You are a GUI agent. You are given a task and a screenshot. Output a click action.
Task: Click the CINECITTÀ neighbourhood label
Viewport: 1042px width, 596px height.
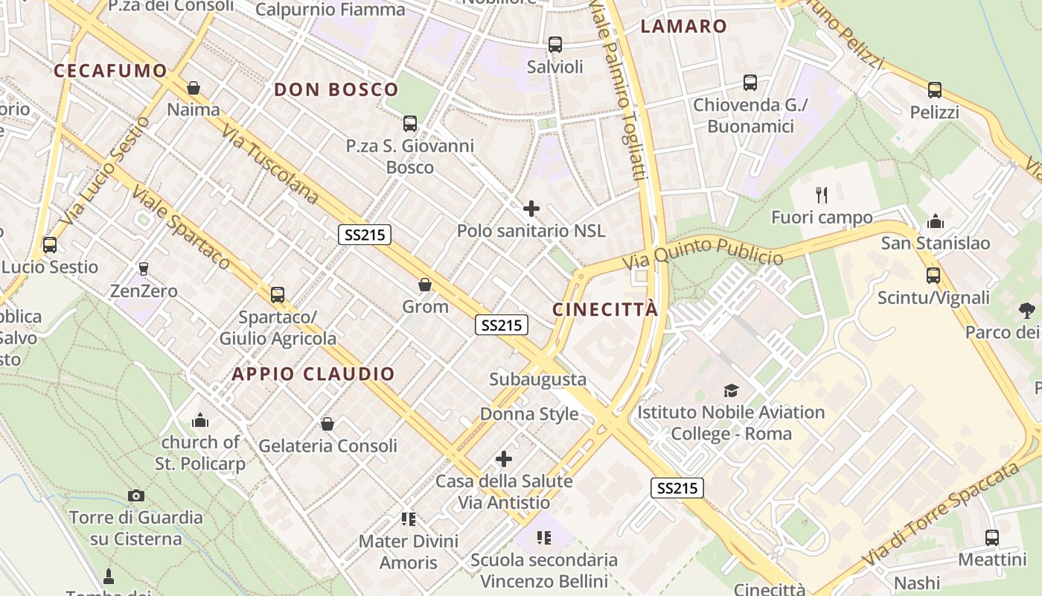(x=605, y=309)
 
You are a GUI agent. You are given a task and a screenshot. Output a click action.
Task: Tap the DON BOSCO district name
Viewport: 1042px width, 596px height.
(x=336, y=90)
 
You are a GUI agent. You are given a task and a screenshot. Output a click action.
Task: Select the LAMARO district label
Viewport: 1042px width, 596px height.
(x=683, y=27)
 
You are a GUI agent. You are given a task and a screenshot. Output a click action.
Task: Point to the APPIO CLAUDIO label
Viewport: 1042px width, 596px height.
(x=313, y=374)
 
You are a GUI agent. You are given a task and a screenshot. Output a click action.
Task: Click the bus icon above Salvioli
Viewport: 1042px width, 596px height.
(x=555, y=45)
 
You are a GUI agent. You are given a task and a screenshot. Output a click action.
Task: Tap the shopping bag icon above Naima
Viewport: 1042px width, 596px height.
(x=194, y=88)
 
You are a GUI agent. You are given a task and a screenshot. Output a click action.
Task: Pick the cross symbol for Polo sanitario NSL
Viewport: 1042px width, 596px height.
(x=531, y=209)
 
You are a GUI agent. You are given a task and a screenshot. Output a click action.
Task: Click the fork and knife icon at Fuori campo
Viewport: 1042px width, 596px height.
(x=822, y=195)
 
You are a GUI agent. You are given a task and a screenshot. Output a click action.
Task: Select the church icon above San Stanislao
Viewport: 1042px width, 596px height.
(x=936, y=221)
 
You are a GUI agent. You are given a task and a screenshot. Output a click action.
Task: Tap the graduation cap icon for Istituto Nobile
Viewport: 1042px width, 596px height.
(x=731, y=390)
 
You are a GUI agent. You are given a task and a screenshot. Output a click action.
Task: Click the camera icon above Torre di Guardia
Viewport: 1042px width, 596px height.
(x=136, y=495)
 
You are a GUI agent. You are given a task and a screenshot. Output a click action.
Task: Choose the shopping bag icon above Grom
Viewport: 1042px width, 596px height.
(x=425, y=285)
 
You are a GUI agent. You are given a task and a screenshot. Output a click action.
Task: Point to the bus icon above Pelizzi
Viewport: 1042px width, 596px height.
(x=935, y=90)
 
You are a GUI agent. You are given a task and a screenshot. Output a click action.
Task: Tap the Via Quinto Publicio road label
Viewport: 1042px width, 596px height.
(x=703, y=253)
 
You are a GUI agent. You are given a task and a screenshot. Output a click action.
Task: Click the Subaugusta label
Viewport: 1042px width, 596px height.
(x=537, y=379)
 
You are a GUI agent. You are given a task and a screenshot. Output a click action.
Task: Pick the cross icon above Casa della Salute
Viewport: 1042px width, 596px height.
(x=504, y=459)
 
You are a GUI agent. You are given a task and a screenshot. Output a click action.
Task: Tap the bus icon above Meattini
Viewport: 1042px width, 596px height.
(x=991, y=538)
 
